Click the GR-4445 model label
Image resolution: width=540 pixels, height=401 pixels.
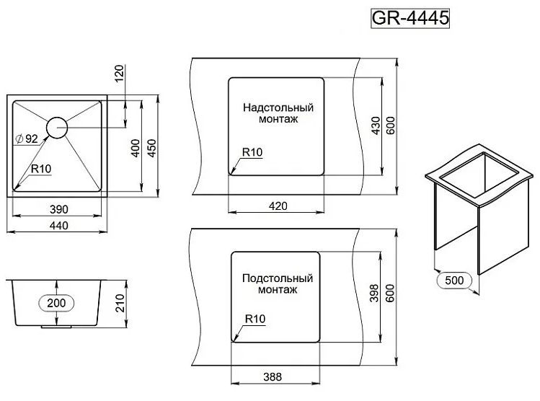point(410,18)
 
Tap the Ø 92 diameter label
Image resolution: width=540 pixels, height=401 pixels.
point(27,138)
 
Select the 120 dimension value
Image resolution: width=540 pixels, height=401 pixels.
point(119,73)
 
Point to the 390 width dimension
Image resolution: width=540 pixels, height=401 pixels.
point(59,209)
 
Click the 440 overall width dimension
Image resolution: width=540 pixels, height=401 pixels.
point(59,226)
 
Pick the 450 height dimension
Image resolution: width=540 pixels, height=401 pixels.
point(151,148)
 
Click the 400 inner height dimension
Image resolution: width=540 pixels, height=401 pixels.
point(136,148)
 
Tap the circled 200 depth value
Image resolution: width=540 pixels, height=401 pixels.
point(56,303)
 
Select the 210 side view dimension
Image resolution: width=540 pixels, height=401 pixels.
point(120,303)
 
